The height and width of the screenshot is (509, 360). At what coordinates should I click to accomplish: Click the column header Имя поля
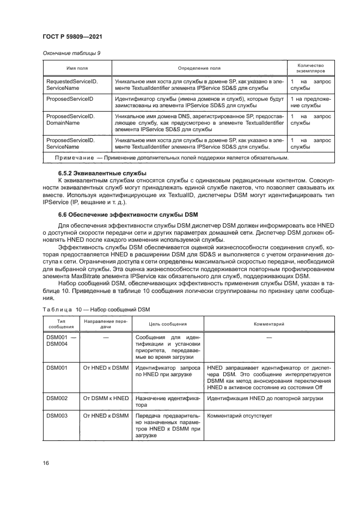77,68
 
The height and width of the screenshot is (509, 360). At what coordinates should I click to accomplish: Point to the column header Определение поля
199,68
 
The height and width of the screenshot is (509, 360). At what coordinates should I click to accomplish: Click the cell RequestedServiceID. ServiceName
71,84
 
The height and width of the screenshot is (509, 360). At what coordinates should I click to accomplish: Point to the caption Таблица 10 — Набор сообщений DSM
95,310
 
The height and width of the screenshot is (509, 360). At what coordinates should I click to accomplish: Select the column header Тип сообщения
58,324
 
